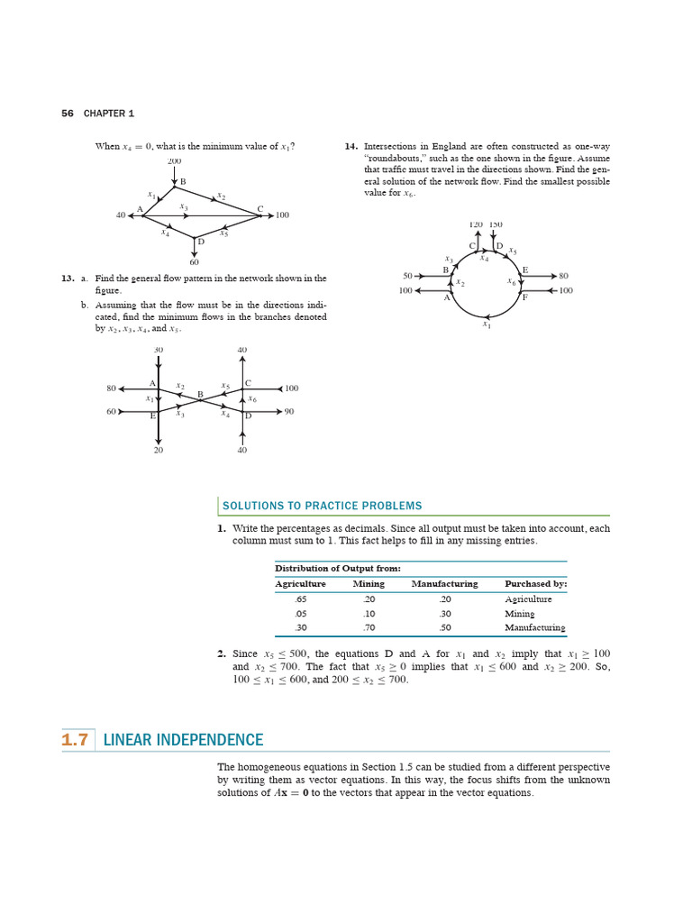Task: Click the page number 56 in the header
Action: click(67, 114)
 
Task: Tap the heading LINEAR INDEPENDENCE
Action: click(184, 740)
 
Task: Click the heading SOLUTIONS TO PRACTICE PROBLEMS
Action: click(322, 506)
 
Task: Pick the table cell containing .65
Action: click(300, 599)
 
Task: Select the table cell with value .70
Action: click(368, 627)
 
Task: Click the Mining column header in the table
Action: click(369, 583)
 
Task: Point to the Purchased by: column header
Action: click(535, 583)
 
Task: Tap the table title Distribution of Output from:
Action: click(337, 568)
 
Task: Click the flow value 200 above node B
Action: click(174, 161)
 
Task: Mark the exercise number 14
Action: click(351, 145)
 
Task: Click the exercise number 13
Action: click(67, 279)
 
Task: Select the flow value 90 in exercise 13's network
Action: click(288, 412)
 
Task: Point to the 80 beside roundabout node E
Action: click(563, 276)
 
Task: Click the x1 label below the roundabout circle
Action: click(487, 324)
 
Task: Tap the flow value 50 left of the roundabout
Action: click(407, 276)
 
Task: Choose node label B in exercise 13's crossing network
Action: click(200, 394)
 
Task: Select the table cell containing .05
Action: click(300, 613)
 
